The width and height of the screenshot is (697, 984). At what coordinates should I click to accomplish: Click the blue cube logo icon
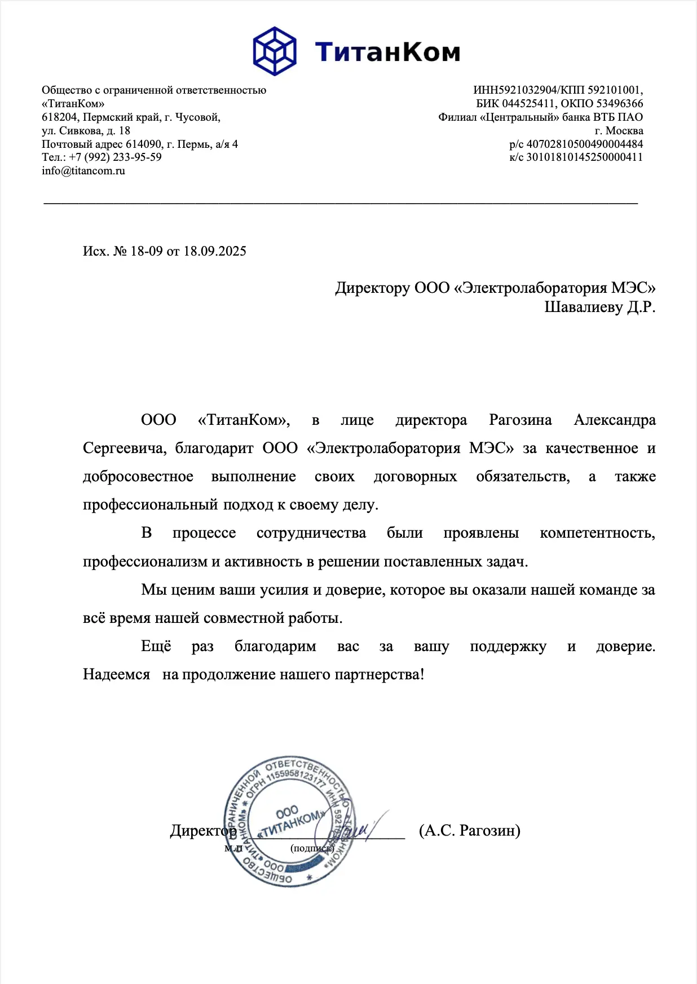click(x=275, y=51)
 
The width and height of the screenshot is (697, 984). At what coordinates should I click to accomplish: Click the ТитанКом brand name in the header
click(x=387, y=52)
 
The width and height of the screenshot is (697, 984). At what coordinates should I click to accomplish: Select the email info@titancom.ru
click(x=83, y=171)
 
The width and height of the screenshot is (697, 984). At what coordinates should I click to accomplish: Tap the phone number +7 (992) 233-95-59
click(x=115, y=157)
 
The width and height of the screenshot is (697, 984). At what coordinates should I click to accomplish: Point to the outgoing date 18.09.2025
click(x=215, y=252)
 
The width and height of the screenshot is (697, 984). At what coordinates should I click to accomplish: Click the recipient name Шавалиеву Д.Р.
click(x=599, y=307)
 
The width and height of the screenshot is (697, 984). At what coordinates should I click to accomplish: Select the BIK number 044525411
click(x=528, y=104)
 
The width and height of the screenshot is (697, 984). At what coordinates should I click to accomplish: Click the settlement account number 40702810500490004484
click(x=584, y=144)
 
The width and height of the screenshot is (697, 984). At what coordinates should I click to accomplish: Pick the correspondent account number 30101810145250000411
click(x=584, y=157)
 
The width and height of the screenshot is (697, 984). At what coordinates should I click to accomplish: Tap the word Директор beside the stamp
click(x=202, y=831)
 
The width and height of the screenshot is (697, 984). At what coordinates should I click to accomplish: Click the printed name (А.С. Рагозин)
click(x=469, y=831)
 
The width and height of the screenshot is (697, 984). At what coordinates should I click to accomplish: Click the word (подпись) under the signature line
click(x=312, y=848)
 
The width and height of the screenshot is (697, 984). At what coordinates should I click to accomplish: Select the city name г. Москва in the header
click(x=619, y=131)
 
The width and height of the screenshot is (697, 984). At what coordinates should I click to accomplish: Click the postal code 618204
click(x=59, y=117)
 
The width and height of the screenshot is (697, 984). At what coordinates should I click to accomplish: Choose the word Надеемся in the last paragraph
click(x=117, y=675)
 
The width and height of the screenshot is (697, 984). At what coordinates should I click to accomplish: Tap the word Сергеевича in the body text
click(x=124, y=449)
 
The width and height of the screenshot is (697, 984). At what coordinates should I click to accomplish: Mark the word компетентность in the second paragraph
click(x=597, y=533)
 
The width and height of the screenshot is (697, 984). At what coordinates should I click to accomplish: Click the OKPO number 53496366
click(x=619, y=104)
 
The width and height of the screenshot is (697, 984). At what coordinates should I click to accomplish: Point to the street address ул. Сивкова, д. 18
click(x=86, y=131)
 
